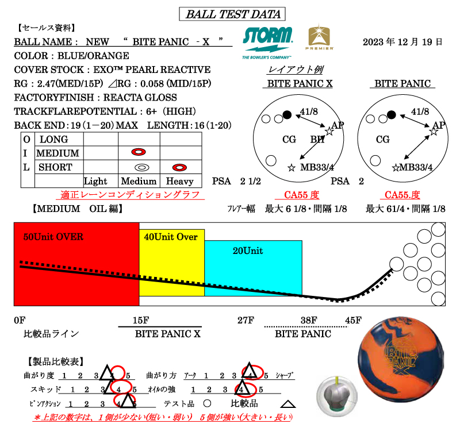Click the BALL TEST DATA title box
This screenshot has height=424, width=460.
pos(232,14)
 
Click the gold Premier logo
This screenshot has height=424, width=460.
pos(319,37)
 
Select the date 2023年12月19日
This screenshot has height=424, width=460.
pos(402,42)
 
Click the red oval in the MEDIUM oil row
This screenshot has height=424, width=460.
pos(139,152)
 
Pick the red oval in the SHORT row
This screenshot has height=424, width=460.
pos(179,167)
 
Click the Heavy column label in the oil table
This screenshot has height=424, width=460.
pos(180,181)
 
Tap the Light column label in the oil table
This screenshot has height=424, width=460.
pos(95,181)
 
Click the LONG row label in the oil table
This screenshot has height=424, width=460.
pos(53,139)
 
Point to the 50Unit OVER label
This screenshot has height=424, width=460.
pos(53,237)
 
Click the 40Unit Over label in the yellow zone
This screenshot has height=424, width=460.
pos(171,237)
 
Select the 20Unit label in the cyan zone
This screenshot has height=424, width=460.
pos(248,250)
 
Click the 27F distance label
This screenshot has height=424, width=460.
pos(246,320)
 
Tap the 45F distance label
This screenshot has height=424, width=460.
pos(353,320)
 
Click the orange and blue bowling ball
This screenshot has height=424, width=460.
pos(401,360)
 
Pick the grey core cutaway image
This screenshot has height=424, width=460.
pos(337,396)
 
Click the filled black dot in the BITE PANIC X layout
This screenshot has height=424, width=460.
pos(287,115)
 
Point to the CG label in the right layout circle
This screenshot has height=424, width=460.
pos(382,139)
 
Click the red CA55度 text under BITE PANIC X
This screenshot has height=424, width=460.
pos(301,195)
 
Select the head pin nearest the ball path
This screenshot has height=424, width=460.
pos(397,264)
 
